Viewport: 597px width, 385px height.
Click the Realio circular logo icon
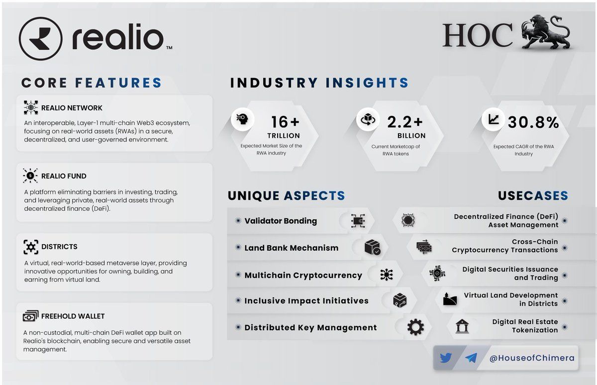40,39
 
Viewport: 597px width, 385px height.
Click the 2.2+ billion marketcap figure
405,122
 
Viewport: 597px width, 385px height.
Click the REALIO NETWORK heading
72,107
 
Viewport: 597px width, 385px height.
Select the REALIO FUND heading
64,176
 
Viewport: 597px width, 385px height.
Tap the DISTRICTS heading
59,246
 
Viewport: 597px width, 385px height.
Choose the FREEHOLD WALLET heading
73,316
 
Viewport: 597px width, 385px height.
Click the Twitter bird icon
446,358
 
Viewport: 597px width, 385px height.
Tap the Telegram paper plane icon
471,358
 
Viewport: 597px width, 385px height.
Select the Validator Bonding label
281,221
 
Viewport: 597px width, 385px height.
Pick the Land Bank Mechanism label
291,248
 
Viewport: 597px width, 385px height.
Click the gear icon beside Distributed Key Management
415,327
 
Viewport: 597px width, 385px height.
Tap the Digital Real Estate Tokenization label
525,326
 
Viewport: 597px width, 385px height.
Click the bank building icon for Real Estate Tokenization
462,326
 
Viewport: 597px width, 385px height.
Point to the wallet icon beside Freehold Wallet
31,316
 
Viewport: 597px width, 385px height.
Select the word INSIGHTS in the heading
367,83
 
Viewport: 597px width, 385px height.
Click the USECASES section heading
533,195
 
